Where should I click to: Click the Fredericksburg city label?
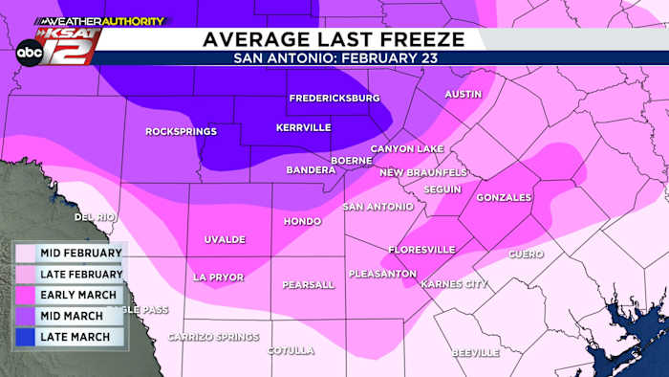334,98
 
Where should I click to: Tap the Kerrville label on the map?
303,127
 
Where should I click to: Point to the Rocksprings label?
181,131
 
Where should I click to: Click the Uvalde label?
225,239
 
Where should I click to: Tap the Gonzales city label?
503,197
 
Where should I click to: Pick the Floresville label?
421,250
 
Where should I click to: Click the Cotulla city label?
291,350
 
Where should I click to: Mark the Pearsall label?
309,285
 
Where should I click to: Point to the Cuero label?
526,255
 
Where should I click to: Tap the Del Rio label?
95,217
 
